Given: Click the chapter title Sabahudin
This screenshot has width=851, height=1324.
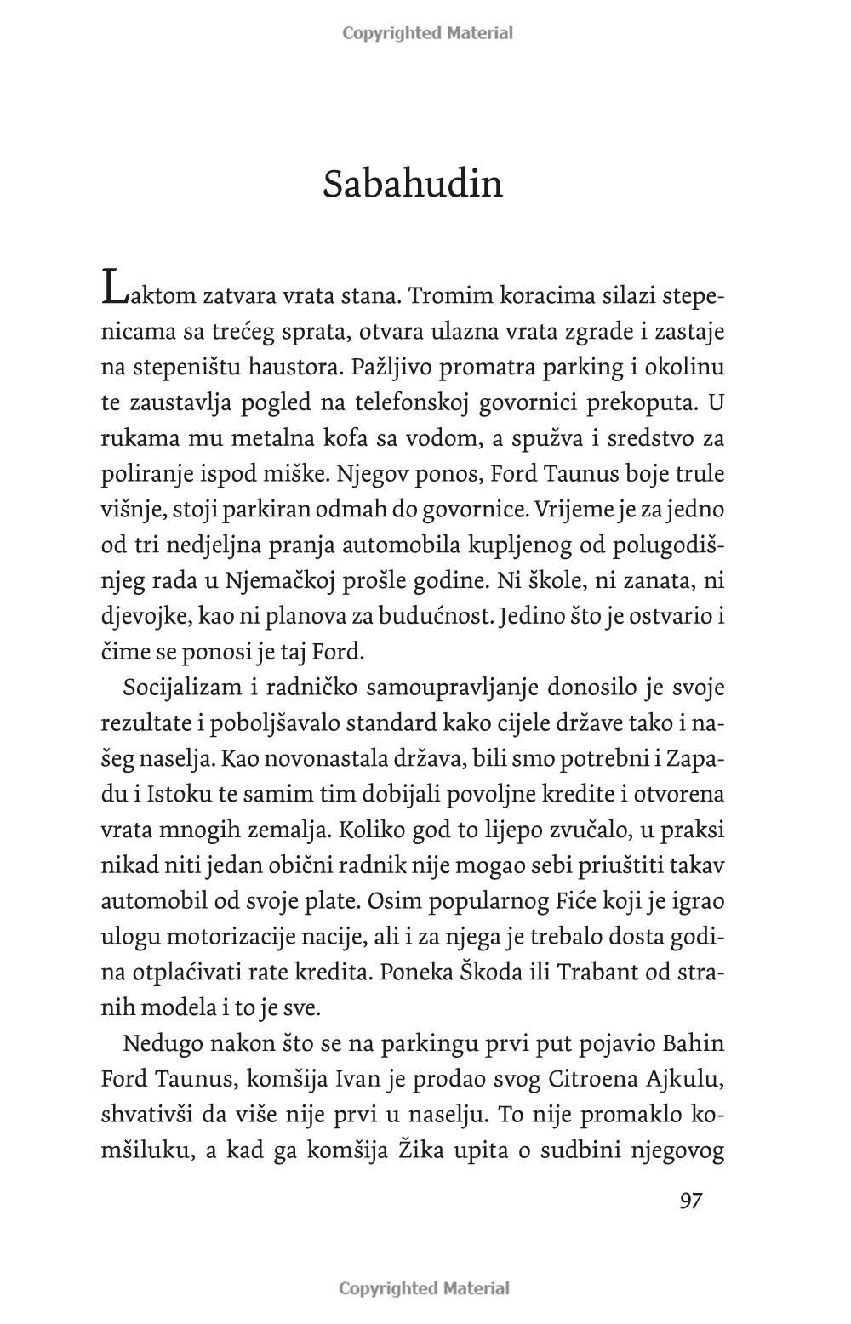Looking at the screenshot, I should [x=413, y=184].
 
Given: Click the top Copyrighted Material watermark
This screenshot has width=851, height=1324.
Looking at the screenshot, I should [x=427, y=33].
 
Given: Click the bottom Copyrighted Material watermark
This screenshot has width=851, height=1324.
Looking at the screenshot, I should [x=425, y=1287].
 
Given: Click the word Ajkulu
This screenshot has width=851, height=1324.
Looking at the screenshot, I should [x=682, y=1079].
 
